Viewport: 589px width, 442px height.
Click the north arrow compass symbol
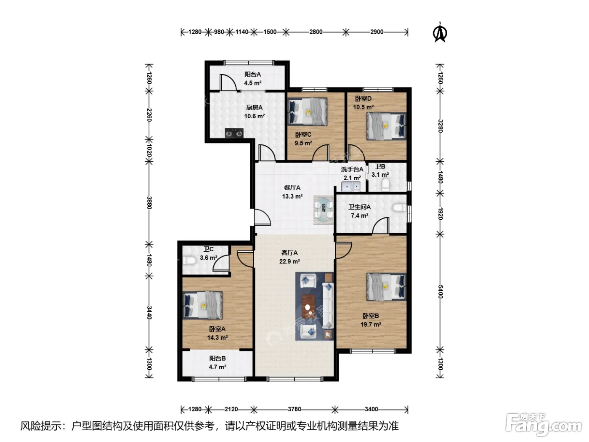[440, 32]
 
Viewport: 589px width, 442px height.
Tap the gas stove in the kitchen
[234, 133]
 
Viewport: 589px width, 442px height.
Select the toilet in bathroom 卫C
[189, 261]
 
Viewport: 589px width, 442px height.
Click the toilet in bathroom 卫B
[385, 185]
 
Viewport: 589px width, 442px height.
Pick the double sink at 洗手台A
[351, 186]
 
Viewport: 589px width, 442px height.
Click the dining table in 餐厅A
[324, 210]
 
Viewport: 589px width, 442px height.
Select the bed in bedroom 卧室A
[203, 306]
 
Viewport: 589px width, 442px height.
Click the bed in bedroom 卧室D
[386, 126]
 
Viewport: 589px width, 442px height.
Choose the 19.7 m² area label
[371, 325]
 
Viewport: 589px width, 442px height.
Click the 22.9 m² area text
[289, 261]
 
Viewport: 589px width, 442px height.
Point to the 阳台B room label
[218, 358]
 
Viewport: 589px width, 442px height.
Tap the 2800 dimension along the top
[316, 32]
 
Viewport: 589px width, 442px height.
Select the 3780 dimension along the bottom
[294, 409]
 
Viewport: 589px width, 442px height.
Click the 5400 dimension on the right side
[440, 292]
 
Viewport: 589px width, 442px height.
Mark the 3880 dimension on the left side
[149, 203]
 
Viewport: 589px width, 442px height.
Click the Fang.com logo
[544, 425]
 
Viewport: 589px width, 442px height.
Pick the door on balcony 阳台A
[228, 83]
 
